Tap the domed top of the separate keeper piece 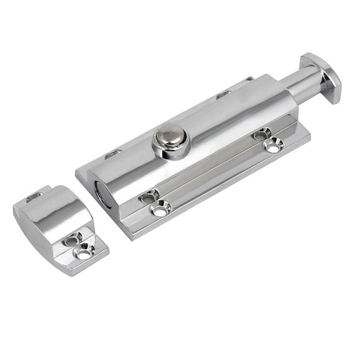click(52, 215)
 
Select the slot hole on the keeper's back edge click(34, 196)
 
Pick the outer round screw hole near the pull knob click(273, 146)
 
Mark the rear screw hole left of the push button click(113, 153)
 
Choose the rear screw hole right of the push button click(224, 95)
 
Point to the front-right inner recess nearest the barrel click(261, 133)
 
